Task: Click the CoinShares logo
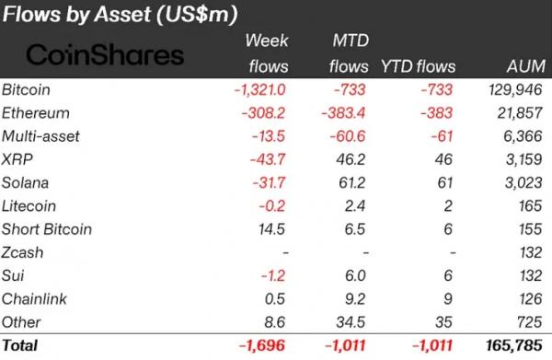click(105, 55)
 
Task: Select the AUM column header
click(526, 66)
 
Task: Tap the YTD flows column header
click(419, 66)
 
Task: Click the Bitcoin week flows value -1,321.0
click(259, 89)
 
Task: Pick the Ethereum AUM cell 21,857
click(520, 113)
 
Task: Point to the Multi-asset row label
click(40, 136)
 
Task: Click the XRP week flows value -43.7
click(268, 159)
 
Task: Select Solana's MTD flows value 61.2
click(351, 183)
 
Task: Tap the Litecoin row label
click(29, 206)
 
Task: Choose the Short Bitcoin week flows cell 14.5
click(271, 229)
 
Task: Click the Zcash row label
click(22, 252)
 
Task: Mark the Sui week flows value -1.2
click(273, 275)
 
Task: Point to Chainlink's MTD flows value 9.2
click(355, 298)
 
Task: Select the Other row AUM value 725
click(530, 322)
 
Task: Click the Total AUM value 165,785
click(514, 345)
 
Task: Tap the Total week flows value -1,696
click(262, 345)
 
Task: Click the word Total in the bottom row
click(19, 345)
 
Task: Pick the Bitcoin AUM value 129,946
click(515, 89)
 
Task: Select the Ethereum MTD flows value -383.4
click(343, 113)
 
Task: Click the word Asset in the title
click(122, 15)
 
